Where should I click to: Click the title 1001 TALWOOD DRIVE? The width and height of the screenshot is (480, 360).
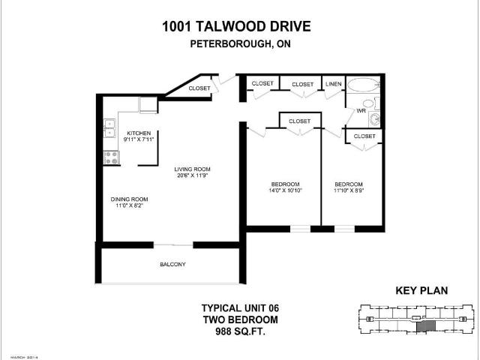coord(235,27)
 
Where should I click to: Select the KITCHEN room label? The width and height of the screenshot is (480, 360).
coord(139,133)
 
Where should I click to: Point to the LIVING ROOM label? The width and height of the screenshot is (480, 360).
coord(192,169)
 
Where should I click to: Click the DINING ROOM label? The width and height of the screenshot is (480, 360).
coord(130,199)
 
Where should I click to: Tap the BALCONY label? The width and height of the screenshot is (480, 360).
coord(172,265)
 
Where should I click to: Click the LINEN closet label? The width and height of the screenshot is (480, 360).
coord(333,85)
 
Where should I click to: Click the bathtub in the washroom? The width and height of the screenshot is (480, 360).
coord(364,84)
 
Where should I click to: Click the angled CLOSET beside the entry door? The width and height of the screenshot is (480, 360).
coord(199,88)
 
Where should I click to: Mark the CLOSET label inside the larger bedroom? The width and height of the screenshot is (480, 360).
coord(299,121)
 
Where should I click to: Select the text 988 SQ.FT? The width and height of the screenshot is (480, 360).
coord(235,330)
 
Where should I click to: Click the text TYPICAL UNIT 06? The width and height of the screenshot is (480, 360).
coord(235,307)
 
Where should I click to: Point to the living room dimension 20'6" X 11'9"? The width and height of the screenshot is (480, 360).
coord(192,176)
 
